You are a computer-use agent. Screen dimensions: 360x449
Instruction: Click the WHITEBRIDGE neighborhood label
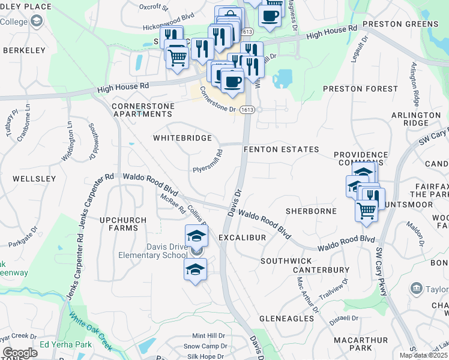tap(182, 138)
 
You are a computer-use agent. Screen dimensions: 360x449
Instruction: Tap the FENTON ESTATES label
tap(281, 149)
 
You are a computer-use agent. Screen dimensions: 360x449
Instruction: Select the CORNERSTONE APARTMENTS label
tap(143, 110)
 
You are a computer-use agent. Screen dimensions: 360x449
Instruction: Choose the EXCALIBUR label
tap(242, 238)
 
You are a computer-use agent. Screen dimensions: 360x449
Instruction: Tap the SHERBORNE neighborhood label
tap(309, 211)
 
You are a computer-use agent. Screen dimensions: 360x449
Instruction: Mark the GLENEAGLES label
tap(288, 317)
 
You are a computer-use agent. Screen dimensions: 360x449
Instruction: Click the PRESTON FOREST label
tap(352, 89)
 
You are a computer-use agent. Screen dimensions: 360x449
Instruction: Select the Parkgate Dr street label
tap(23, 237)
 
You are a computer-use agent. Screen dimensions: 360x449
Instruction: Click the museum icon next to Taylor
tap(415, 289)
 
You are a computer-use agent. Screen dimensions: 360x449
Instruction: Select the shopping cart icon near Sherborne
tap(366, 210)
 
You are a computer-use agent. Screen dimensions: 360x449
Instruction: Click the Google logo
tap(20, 353)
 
